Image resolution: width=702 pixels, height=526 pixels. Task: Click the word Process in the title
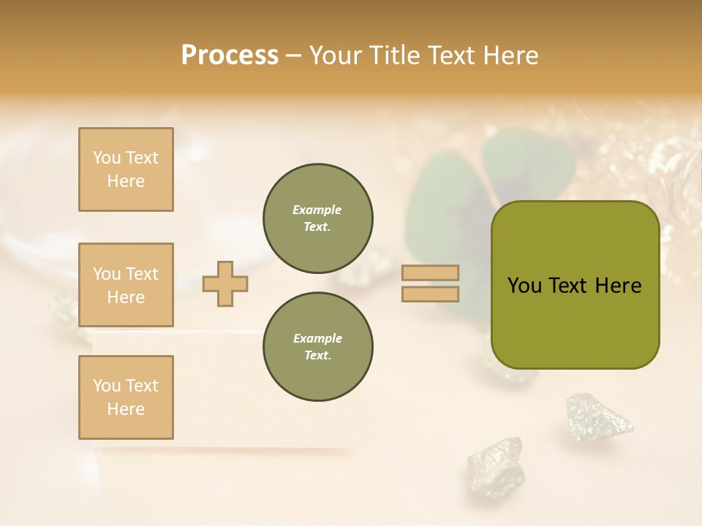pyautogui.click(x=230, y=56)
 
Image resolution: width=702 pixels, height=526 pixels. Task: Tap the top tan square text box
pyautogui.click(x=126, y=169)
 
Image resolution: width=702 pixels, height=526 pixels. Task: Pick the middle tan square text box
pyautogui.click(x=126, y=285)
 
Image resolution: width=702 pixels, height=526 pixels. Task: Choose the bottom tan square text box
pyautogui.click(x=126, y=397)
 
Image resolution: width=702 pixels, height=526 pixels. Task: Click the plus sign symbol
pyautogui.click(x=225, y=283)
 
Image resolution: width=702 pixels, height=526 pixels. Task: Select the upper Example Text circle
pyautogui.click(x=317, y=218)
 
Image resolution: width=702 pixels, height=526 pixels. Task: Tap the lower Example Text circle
pyautogui.click(x=317, y=347)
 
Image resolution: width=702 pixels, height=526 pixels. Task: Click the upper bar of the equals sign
pyautogui.click(x=431, y=272)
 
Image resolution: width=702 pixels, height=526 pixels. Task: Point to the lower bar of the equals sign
pyautogui.click(x=431, y=294)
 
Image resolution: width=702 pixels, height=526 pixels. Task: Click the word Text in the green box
pyautogui.click(x=568, y=286)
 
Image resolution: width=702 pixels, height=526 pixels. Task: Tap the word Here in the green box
pyautogui.click(x=618, y=286)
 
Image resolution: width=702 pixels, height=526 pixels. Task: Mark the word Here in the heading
pyautogui.click(x=510, y=56)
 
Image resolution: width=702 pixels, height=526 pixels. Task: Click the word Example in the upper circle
pyautogui.click(x=317, y=210)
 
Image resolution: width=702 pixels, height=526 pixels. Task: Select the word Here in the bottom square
pyautogui.click(x=126, y=409)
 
